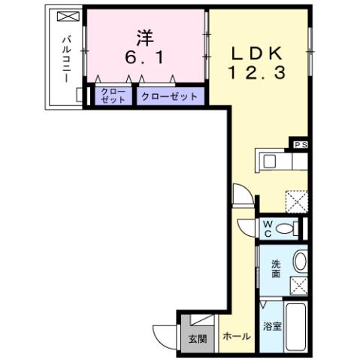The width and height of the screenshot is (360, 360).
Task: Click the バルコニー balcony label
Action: pos(66,59)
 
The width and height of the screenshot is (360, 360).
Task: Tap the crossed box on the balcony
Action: pos(66,17)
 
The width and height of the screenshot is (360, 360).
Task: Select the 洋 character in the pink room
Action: pos(146,35)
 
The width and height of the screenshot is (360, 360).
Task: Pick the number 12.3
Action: pos(256,74)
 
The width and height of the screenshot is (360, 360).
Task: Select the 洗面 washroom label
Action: pos(276,268)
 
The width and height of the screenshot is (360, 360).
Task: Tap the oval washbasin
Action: pos(299,262)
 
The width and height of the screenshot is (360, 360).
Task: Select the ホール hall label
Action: pos(237,337)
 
